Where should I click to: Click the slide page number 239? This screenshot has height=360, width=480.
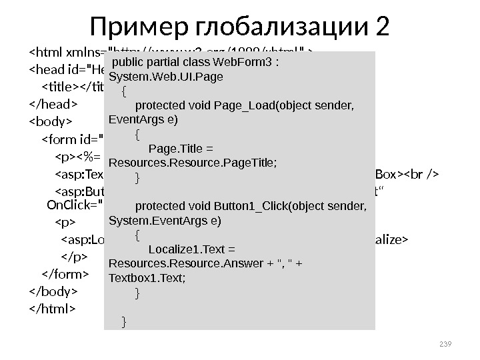(446, 344)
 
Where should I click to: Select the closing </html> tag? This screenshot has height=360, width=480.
(53, 309)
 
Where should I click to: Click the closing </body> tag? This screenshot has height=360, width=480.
(54, 291)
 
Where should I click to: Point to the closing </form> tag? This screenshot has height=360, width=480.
(65, 274)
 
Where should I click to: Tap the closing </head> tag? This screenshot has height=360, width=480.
(54, 104)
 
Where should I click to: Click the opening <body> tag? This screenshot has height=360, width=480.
(50, 122)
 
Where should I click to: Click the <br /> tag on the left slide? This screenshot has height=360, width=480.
(419, 175)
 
